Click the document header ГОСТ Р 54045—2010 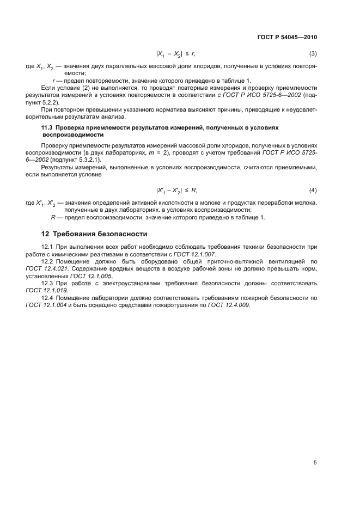pyautogui.click(x=286, y=38)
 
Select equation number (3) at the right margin pyautogui.click(x=313, y=54)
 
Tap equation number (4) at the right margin pyautogui.click(x=313, y=190)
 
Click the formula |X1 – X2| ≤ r pyautogui.click(x=175, y=54)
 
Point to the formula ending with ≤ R pyautogui.click(x=176, y=190)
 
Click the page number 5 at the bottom pyautogui.click(x=315, y=463)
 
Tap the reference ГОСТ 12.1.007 pyautogui.click(x=195, y=254)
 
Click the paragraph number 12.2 pyautogui.click(x=47, y=261)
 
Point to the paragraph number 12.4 pyautogui.click(x=47, y=298)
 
